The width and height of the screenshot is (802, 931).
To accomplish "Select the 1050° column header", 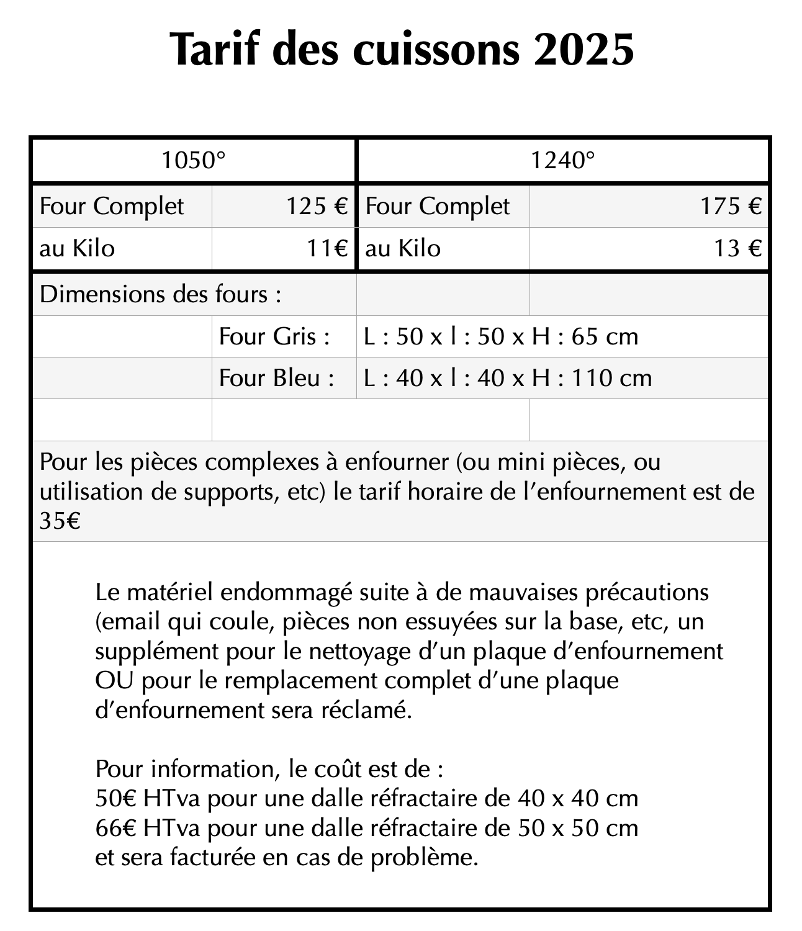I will [x=193, y=161].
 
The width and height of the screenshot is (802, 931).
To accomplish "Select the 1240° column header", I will [x=562, y=161].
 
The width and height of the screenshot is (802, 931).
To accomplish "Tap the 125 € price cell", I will [x=316, y=206].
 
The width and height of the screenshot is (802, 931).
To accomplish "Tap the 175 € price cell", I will [x=731, y=206].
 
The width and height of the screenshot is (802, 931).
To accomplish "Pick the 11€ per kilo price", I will [x=327, y=248].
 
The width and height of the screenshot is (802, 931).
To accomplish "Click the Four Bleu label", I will [x=276, y=378].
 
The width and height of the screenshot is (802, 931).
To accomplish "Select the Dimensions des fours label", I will [x=160, y=294].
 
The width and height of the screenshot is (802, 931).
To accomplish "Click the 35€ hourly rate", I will [x=60, y=521].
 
